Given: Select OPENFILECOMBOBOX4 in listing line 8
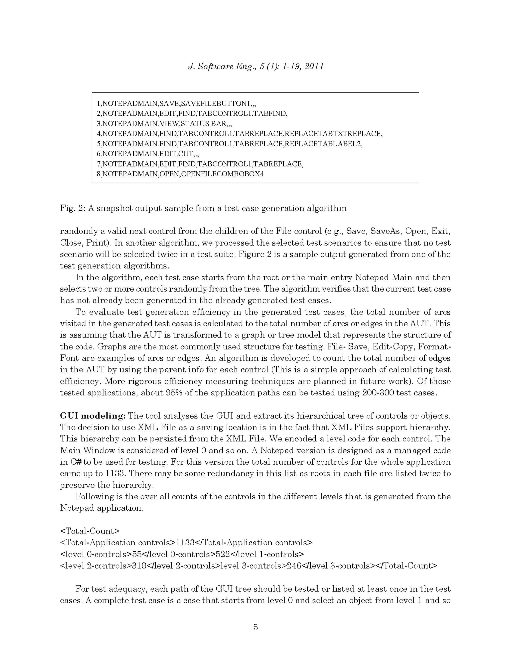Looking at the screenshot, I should pyautogui.click(x=222, y=174).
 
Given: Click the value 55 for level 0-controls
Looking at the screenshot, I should pyautogui.click(x=137, y=554).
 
